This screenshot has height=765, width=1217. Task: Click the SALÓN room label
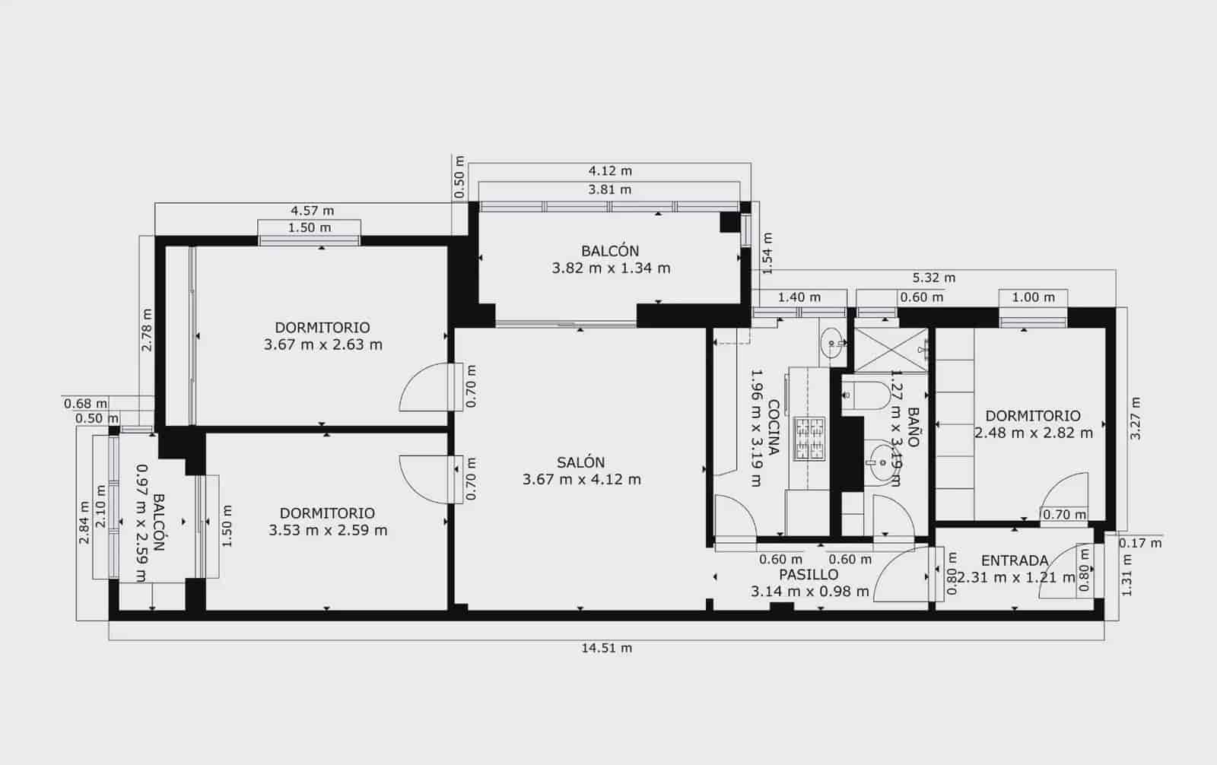(x=581, y=462)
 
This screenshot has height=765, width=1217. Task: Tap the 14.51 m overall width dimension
(x=606, y=648)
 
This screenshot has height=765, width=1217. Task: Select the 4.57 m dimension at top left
(x=312, y=211)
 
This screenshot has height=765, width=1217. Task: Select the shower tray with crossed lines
(x=890, y=350)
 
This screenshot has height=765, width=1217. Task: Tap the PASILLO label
(x=809, y=575)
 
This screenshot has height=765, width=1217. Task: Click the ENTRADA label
(x=1014, y=561)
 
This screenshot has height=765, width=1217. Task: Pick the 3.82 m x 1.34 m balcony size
(x=611, y=268)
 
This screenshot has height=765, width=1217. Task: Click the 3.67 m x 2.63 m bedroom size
(x=323, y=344)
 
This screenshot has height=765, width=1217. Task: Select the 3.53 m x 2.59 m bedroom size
(x=328, y=530)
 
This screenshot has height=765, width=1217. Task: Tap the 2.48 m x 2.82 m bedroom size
(x=1033, y=433)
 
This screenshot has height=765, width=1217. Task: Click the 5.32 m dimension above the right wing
(x=933, y=278)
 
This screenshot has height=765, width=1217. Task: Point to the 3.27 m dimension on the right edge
(x=1135, y=418)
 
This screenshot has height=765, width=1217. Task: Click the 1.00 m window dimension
(x=1033, y=297)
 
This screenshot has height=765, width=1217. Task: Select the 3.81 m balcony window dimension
(x=610, y=189)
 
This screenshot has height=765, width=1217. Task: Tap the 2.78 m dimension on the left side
(x=147, y=329)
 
